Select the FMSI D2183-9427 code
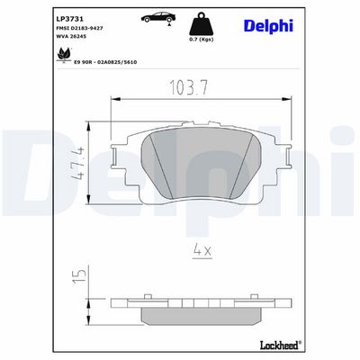tap(79, 28)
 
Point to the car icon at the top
tap(157, 18)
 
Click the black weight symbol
tap(201, 25)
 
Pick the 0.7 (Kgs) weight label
tap(201, 40)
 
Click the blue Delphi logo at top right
tap(268, 26)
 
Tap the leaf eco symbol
tap(64, 55)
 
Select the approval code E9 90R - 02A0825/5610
tap(105, 62)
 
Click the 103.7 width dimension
tap(189, 88)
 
